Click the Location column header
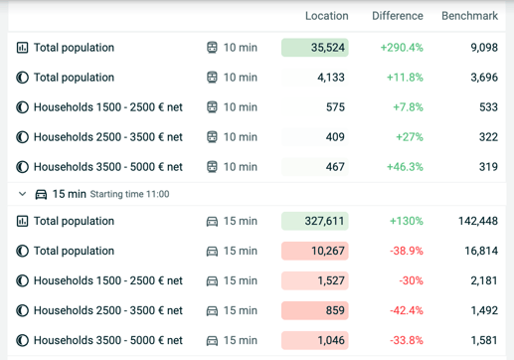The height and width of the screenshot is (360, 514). (x=327, y=16)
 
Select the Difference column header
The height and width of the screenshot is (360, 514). (x=398, y=16)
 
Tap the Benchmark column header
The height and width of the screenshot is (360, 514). (x=469, y=16)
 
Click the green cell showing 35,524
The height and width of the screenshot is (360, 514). (x=315, y=48)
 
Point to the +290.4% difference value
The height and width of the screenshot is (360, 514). (x=402, y=48)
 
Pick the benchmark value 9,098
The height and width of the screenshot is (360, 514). (x=484, y=48)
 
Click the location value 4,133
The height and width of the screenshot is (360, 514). (x=331, y=78)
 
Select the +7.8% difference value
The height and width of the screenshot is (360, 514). (x=408, y=107)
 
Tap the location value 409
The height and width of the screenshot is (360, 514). (x=335, y=137)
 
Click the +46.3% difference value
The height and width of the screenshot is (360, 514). (x=405, y=167)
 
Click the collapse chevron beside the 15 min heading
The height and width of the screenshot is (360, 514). (x=22, y=194)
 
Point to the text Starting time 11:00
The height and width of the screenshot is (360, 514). (x=129, y=194)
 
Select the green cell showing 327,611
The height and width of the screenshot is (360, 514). (x=315, y=221)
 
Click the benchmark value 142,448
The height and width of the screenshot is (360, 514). (x=478, y=221)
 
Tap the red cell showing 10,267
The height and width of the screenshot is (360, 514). (x=315, y=251)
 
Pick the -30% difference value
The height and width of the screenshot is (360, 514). (x=411, y=280)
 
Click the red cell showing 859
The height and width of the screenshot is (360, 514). (x=315, y=310)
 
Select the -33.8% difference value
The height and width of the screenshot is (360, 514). (x=407, y=340)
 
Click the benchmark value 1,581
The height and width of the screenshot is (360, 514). (x=484, y=340)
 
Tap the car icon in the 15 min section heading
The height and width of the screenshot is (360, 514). (x=41, y=194)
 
